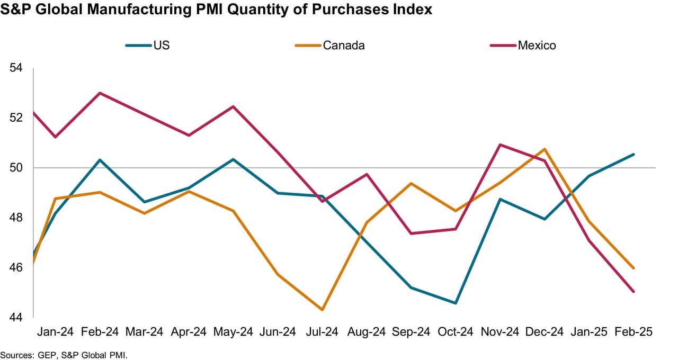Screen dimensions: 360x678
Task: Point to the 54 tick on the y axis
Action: [16, 68]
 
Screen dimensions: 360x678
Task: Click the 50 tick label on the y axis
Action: [16, 168]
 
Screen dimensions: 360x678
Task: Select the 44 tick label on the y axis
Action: [16, 317]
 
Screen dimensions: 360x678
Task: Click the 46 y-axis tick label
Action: [16, 267]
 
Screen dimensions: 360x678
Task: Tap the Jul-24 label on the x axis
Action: [322, 332]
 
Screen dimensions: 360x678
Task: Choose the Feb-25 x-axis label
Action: [633, 332]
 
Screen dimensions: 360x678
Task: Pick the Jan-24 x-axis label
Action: [55, 332]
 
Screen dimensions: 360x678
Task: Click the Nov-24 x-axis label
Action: [499, 332]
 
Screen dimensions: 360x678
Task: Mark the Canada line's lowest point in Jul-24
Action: [322, 310]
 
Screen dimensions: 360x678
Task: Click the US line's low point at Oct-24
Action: [455, 303]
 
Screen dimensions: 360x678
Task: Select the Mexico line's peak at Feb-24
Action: [100, 93]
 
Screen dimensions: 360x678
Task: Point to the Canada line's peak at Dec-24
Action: [545, 149]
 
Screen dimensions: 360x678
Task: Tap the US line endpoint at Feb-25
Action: [634, 155]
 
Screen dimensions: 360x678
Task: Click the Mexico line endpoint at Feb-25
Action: [634, 291]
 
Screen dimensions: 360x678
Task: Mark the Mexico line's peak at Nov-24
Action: [500, 145]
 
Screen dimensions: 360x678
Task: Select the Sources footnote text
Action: [64, 354]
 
